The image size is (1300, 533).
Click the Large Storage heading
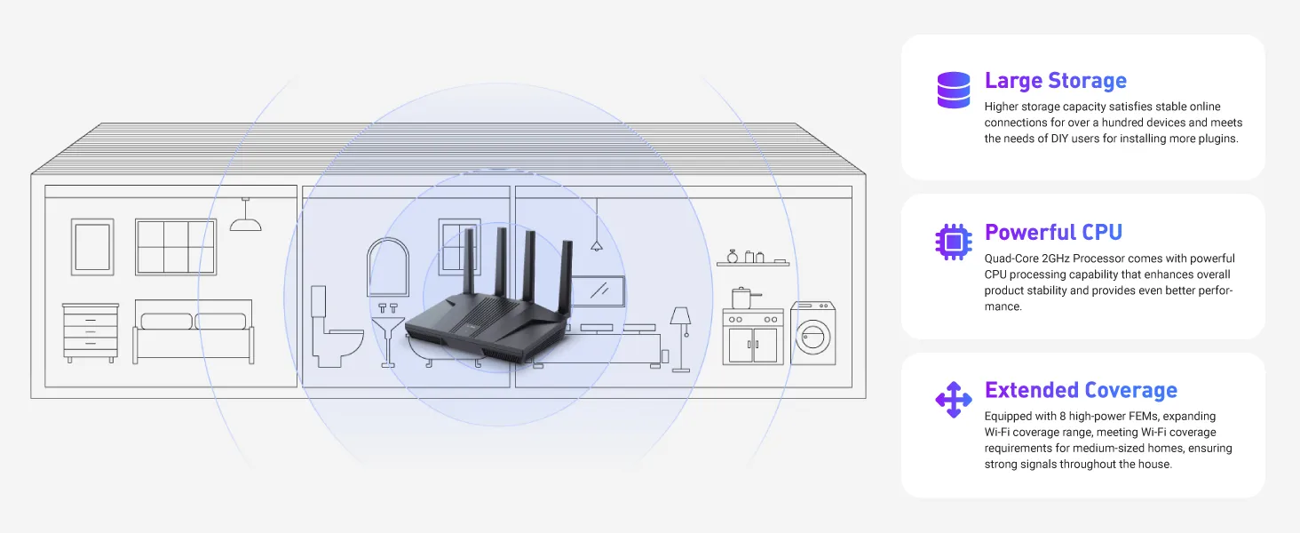(1055, 81)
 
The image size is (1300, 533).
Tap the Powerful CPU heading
(1053, 232)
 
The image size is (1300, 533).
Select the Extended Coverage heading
(1081, 390)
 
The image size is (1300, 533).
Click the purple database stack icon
(954, 90)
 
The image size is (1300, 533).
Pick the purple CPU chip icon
(954, 242)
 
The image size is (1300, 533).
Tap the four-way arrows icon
(954, 400)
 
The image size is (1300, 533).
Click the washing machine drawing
(813, 333)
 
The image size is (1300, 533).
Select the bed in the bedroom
(194, 331)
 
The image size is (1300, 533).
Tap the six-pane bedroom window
(176, 247)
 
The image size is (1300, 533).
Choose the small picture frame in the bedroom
(92, 247)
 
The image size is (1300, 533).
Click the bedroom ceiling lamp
(245, 214)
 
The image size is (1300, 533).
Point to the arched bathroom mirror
(388, 267)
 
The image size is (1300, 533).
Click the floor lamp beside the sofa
(681, 339)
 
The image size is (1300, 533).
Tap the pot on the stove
(744, 298)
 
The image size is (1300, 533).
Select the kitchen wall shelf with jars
(753, 259)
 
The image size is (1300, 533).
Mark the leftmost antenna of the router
(469, 261)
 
